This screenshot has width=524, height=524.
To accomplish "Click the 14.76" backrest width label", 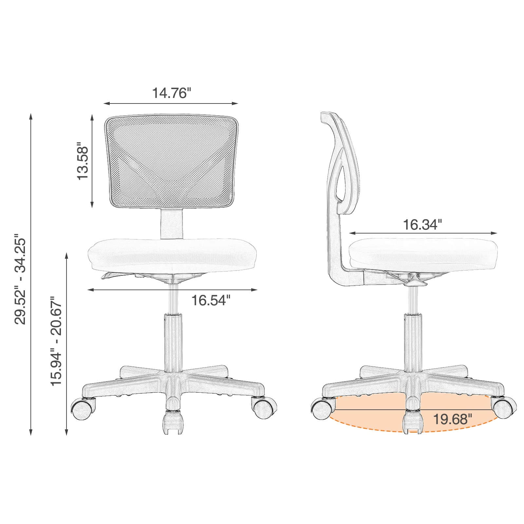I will pyautogui.click(x=171, y=93).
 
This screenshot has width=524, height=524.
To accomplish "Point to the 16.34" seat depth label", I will pyautogui.click(x=422, y=225).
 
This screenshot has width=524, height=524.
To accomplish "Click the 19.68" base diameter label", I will pyautogui.click(x=452, y=419).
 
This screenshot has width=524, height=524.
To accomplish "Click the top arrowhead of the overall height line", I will pyautogui.click(x=31, y=117).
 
